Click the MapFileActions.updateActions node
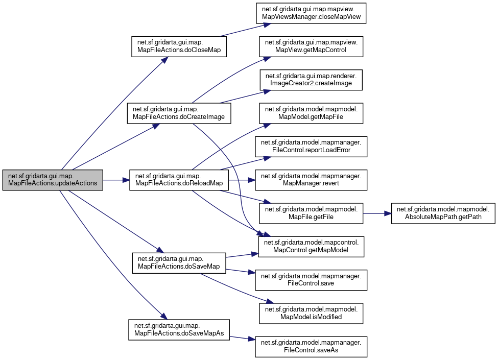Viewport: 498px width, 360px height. (x=53, y=180)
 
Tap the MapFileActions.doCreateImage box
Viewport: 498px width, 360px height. (x=179, y=113)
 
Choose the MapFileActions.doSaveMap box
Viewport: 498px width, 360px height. (x=179, y=262)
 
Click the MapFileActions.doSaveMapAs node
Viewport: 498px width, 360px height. (x=179, y=330)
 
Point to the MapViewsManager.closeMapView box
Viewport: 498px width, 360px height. (x=312, y=13)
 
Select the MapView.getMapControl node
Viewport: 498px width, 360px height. (x=311, y=46)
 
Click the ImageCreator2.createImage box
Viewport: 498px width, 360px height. (x=311, y=80)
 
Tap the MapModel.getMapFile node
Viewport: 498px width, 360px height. (x=311, y=113)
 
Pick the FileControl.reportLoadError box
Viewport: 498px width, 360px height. (x=312, y=147)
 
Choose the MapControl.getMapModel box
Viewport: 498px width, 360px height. (x=311, y=246)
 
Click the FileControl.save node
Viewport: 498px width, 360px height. (x=311, y=279)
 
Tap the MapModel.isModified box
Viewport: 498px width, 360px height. (x=311, y=313)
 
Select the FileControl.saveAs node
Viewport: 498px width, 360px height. (x=311, y=346)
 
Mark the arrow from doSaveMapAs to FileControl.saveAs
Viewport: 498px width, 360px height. (x=243, y=338)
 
